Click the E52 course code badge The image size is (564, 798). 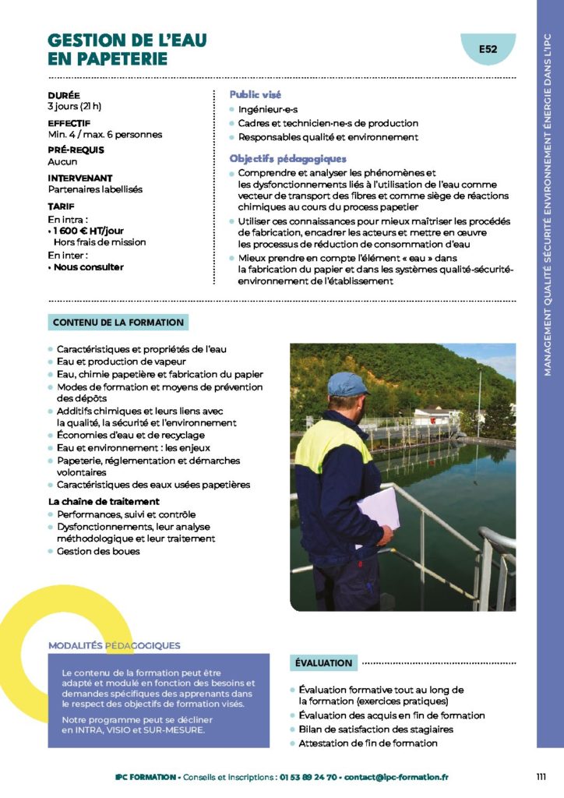tap(488, 50)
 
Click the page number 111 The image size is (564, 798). tap(541, 777)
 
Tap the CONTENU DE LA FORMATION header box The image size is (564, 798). tap(118, 322)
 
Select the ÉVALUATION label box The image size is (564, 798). tap(323, 663)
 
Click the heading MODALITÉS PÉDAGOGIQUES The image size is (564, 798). tap(115, 645)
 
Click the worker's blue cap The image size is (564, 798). tap(346, 383)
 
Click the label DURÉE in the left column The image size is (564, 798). tap(64, 95)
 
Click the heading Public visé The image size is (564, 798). tap(256, 94)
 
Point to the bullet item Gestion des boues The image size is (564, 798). tap(98, 551)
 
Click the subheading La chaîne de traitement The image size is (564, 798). tap(104, 501)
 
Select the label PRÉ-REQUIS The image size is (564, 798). tap(76, 150)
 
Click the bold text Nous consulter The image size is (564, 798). tap(88, 267)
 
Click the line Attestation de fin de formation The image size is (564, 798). tap(368, 743)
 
